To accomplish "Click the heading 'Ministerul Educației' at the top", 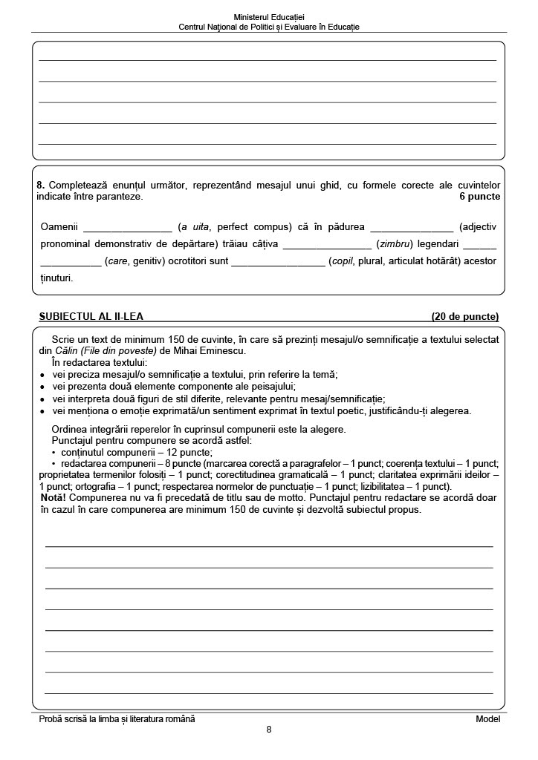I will (x=269, y=16).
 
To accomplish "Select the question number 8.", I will (x=39, y=186).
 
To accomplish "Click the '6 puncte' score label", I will (x=480, y=197).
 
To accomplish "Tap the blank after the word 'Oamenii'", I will (x=127, y=228).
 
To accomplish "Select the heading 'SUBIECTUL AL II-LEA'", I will (x=91, y=317).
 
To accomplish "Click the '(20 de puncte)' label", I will (x=465, y=317).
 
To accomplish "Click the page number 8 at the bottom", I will (x=269, y=730).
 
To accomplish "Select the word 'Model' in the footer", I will (x=487, y=719).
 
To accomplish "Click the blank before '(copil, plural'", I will (x=278, y=262).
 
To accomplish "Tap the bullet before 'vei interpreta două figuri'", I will (x=42, y=399).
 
